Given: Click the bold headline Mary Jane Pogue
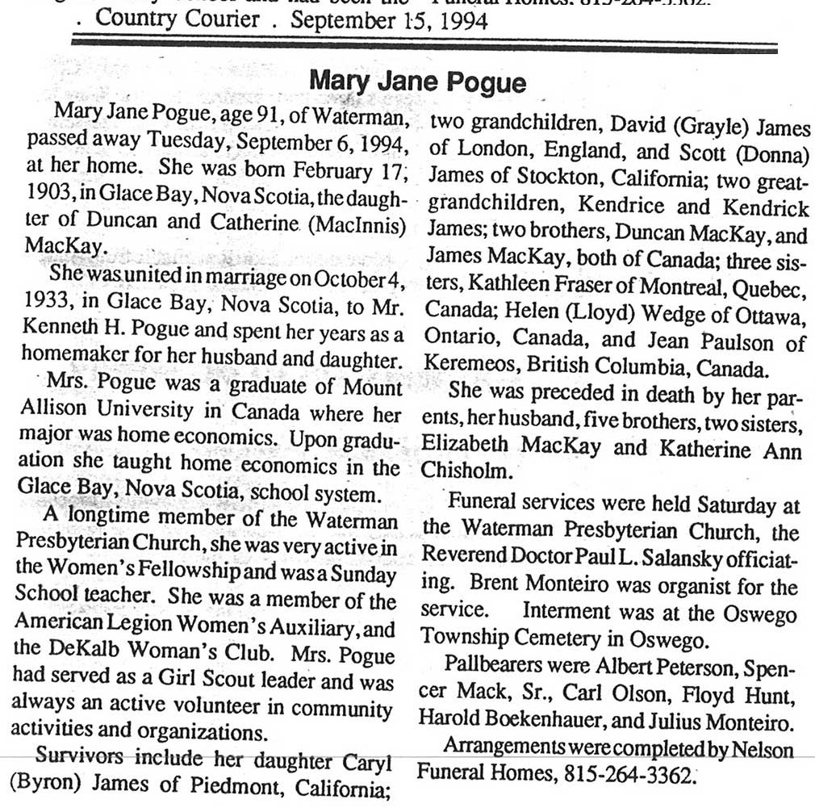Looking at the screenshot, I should click(x=417, y=83).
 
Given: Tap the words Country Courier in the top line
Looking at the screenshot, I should click(x=188, y=19).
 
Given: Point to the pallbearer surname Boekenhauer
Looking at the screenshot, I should click(x=572, y=722).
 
